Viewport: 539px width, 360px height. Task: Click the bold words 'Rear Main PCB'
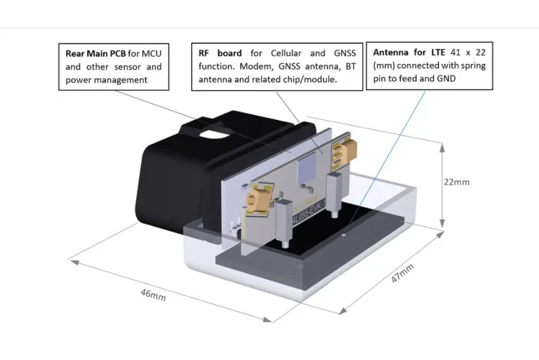95,53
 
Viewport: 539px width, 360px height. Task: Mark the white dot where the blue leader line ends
343,234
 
